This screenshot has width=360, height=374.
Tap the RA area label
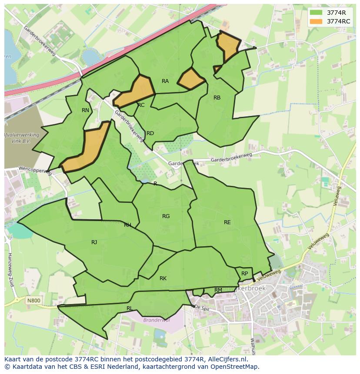[165, 81]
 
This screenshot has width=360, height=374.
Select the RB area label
[217, 98]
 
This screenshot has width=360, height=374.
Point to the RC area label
[141, 105]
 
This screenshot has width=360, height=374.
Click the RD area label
[150, 133]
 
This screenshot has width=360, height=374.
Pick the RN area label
[85, 110]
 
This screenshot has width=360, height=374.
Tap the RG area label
[166, 216]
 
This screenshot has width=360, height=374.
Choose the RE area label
[227, 222]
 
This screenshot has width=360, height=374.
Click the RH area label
[127, 225]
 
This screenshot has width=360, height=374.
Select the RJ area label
[94, 242]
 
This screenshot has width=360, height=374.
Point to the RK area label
[163, 278]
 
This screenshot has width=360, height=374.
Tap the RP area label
[244, 274]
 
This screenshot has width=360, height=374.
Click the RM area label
[218, 290]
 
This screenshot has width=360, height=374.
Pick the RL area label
[129, 308]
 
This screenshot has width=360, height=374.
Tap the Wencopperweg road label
[35, 170]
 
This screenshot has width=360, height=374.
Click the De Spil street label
[202, 307]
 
